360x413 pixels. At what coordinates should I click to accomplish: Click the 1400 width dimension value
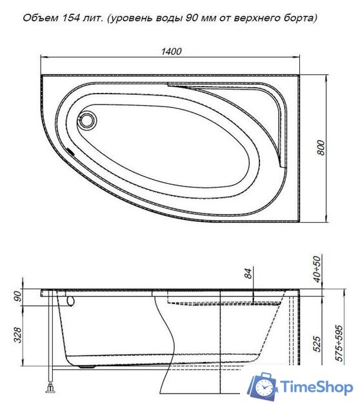pyautogui.click(x=172, y=51)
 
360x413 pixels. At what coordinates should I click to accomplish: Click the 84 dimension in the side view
pyautogui.click(x=248, y=273)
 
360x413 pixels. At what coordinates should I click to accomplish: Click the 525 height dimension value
pyautogui.click(x=316, y=343)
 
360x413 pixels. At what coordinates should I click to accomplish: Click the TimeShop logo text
pyautogui.click(x=315, y=387)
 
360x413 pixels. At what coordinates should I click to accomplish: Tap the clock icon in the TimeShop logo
pyautogui.click(x=265, y=387)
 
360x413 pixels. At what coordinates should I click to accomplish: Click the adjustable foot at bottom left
pyautogui.click(x=49, y=390)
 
